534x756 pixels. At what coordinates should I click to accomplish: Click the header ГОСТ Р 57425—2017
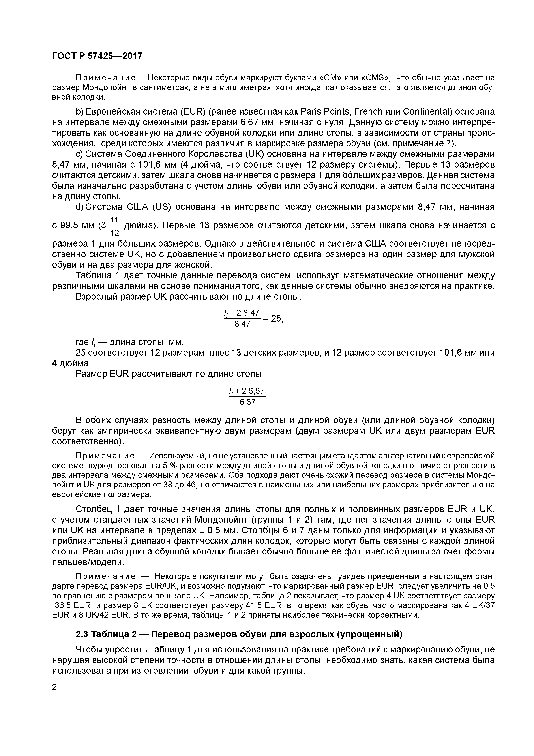pos(97,56)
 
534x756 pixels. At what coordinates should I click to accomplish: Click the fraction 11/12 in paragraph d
pos(114,226)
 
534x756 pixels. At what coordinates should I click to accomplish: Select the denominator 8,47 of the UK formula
pos(242,324)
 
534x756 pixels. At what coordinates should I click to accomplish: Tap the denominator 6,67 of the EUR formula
pos(247,402)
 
